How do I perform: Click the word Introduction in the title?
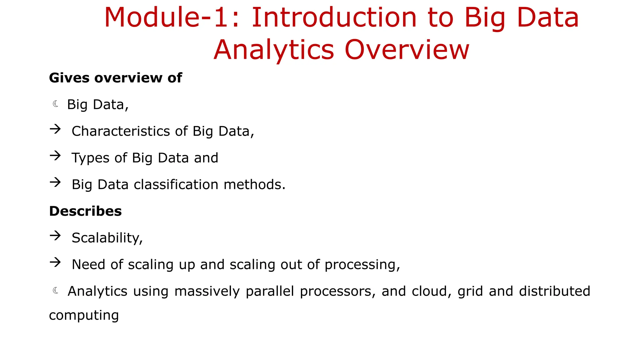coord(334,17)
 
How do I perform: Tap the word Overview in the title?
coord(407,50)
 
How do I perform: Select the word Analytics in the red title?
coord(274,50)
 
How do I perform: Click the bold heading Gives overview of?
coord(115,78)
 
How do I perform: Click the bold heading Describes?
coord(85,211)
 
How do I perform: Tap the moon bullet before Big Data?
coord(56,104)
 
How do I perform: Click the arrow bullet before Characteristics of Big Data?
coord(55,129)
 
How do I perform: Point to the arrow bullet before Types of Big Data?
coord(55,156)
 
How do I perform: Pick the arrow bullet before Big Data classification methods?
coord(55,182)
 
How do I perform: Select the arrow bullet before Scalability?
coord(55,236)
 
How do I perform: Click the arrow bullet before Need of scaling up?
coord(55,262)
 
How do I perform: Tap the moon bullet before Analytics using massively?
coord(56,291)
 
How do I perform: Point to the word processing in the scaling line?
coord(362,265)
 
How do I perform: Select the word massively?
coord(207,292)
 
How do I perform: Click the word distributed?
coord(554,291)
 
